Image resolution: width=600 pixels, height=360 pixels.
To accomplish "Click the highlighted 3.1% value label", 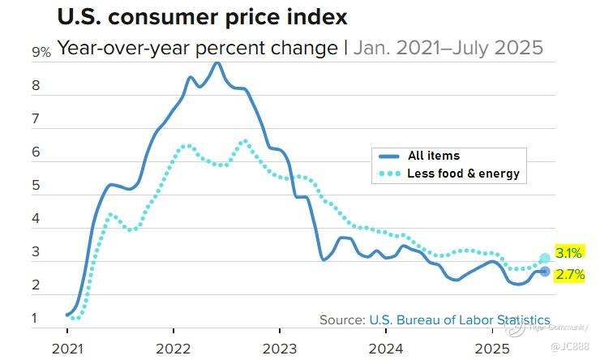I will coord(569,252).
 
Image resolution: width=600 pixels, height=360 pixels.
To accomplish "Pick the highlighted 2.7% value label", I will coord(569,275).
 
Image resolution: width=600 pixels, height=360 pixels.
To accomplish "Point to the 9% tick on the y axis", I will coord(41,53).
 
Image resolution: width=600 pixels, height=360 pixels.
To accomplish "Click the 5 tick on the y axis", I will coord(36,186).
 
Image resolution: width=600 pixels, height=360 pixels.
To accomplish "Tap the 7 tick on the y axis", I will coord(36,119).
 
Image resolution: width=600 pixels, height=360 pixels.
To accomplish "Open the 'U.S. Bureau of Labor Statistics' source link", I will coord(459,319).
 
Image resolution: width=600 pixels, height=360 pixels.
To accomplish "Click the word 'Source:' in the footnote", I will coord(341,319).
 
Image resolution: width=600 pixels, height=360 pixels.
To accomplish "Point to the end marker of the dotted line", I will coord(545,258).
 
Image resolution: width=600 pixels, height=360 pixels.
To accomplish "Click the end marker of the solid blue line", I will coord(545,272).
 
